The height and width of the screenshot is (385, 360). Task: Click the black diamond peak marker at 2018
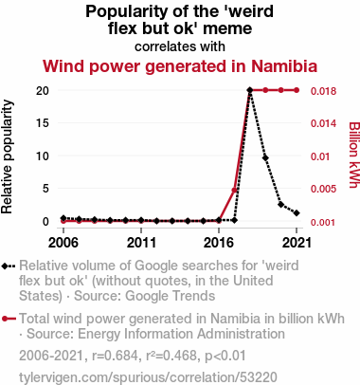coord(250,90)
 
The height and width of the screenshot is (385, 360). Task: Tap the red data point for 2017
coord(234,190)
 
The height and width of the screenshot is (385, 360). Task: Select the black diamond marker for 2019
coord(265,157)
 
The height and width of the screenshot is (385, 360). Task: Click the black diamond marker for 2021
coord(297,213)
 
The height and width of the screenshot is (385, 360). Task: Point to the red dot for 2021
coord(297,90)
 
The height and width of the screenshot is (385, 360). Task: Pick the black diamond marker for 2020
coord(280,205)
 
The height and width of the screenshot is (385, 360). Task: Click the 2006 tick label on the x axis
coord(63,243)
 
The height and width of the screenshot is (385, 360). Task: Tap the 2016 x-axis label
coord(219,243)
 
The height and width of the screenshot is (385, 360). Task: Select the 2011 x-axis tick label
coord(141,243)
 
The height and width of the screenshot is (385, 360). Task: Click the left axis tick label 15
coord(43,122)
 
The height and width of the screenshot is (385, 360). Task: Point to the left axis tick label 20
coord(43,91)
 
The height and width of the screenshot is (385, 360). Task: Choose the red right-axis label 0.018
coord(323,91)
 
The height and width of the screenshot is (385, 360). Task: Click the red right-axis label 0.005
coord(323,189)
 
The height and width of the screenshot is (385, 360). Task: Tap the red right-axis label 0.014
coord(323,123)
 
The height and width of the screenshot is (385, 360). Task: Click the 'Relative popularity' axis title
coord(7,156)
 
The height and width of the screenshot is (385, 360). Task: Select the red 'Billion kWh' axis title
coord(354,155)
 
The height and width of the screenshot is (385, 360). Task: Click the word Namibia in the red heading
coord(284,66)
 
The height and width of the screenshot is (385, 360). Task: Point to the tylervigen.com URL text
coord(148,377)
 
